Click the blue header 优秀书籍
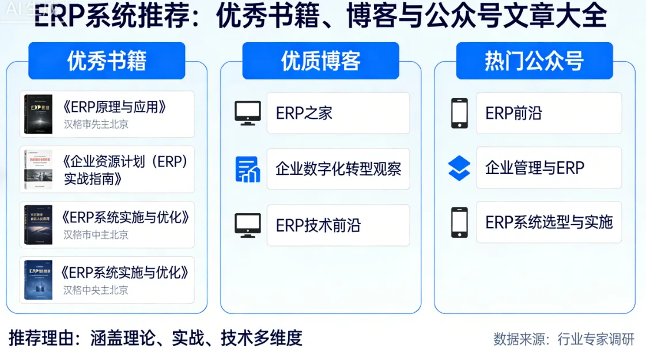[107, 60]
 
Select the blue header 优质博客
[320, 60]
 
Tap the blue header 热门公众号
[534, 60]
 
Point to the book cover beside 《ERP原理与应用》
[38, 115]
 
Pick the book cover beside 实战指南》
[38, 169]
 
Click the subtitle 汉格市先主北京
[96, 124]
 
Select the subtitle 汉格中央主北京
[96, 290]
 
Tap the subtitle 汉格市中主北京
[96, 234]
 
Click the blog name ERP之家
[304, 113]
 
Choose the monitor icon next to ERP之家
[248, 113]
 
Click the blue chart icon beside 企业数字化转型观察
[248, 169]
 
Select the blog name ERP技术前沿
[318, 225]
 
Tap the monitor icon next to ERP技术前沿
[248, 225]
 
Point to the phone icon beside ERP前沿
[459, 113]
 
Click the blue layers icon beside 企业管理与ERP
[459, 168]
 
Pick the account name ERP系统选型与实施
[549, 222]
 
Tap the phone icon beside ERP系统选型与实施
[459, 222]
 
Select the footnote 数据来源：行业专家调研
[564, 339]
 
